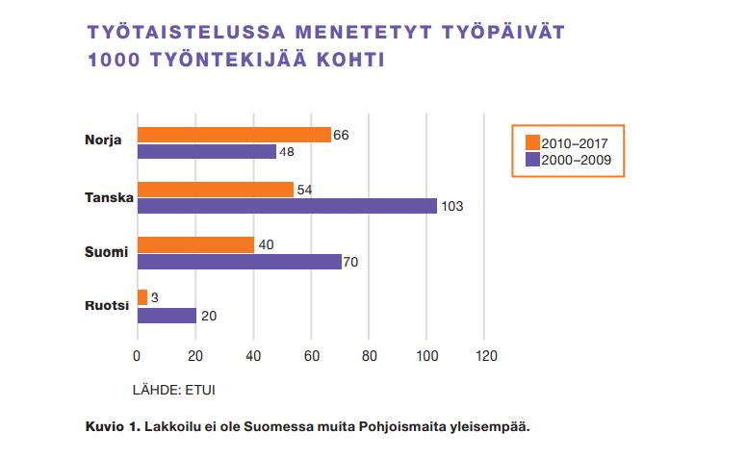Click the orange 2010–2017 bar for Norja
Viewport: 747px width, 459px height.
coord(234,135)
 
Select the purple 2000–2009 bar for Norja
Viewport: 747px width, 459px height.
coord(208,152)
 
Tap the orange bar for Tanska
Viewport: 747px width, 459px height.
coord(216,190)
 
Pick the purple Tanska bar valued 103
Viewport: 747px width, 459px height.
coord(287,206)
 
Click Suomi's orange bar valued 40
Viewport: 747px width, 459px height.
coord(195,244)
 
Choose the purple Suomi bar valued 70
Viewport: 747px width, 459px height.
coord(239,262)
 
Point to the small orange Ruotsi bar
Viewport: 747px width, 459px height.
coord(142,297)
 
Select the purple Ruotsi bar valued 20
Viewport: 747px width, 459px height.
coord(167,315)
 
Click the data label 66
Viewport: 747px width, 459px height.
coord(340,135)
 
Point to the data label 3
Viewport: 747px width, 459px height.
coord(154,298)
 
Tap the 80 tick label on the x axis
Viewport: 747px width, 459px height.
coord(370,355)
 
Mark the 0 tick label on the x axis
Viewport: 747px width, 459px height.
coord(138,355)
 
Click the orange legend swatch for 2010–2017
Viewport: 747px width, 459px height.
coord(531,143)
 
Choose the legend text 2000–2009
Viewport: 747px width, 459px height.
coord(576,160)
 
